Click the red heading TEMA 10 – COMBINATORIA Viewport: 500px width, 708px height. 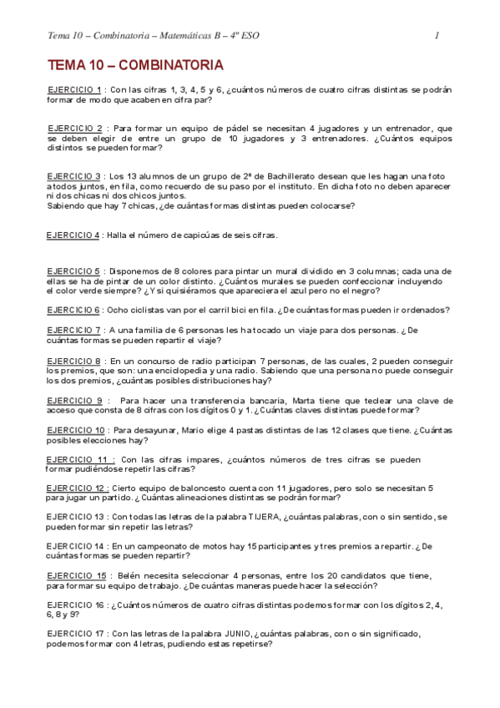tap(134, 65)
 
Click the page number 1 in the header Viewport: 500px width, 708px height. tap(437, 35)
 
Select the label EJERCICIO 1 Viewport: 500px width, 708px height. tap(74, 89)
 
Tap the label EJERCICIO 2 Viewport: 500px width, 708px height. tap(74, 129)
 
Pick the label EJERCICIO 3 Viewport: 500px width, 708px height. tap(74, 176)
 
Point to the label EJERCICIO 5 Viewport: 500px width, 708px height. tap(73, 271)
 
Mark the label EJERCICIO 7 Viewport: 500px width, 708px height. tap(73, 331)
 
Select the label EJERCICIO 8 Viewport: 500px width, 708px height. tap(73, 361)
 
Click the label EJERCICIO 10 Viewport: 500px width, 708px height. tap(76, 430)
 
